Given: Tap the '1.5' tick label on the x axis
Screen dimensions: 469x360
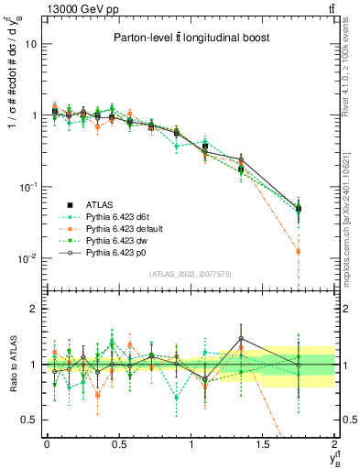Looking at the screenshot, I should click(263, 444).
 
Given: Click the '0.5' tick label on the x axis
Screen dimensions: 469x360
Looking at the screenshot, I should click(119, 444).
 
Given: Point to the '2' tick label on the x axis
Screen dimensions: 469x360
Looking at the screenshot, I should click(335, 444).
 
